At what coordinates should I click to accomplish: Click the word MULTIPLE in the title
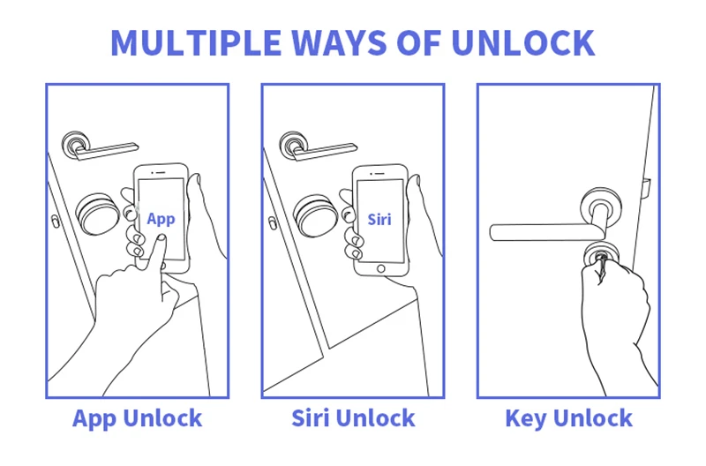coord(196,42)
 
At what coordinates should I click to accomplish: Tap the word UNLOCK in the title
coord(522,42)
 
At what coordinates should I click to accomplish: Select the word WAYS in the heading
coord(339,42)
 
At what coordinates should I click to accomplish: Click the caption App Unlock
coord(138,418)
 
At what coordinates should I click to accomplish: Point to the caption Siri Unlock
coord(353,418)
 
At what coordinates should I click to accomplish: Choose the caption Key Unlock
coord(568,418)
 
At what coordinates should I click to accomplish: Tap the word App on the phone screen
coord(161,219)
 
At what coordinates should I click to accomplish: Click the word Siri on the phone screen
coord(379,219)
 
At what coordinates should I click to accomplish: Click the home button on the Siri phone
coord(381,269)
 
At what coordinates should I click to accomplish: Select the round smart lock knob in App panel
coord(97,214)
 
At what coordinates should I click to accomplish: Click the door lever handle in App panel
coord(100,147)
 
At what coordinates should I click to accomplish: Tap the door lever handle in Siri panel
coord(318,147)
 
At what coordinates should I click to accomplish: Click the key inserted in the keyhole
coord(600,266)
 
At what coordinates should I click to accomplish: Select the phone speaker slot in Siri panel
coord(379,173)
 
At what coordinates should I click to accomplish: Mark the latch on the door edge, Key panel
coord(646,188)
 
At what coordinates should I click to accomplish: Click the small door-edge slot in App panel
coord(55,222)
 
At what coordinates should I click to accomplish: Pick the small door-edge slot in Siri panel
coord(273,223)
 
